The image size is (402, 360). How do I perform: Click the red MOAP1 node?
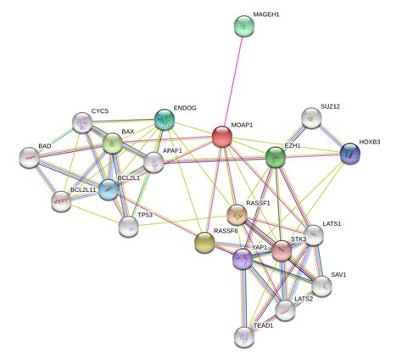(222, 137)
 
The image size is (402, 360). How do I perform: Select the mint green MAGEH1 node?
(244, 26)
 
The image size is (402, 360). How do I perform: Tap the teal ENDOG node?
(165, 120)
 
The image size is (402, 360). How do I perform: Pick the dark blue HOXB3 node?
(350, 154)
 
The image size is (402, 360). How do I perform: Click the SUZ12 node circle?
(311, 118)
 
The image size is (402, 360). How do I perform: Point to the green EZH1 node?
(276, 157)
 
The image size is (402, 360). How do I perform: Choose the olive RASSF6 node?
(204, 243)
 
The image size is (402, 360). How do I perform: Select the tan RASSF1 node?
(237, 215)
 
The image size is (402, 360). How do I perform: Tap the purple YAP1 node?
(243, 259)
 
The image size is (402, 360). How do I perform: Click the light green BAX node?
(113, 143)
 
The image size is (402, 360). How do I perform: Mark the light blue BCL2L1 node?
(109, 189)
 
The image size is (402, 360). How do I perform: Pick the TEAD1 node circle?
(244, 337)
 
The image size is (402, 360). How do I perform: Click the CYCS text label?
(100, 111)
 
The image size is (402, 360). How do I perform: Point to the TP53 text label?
(145, 215)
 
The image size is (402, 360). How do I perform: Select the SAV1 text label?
(338, 274)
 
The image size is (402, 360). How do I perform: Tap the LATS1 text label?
(332, 223)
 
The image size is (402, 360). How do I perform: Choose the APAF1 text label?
(172, 150)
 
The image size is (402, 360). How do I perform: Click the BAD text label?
(45, 146)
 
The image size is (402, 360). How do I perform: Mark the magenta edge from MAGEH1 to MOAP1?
(233, 82)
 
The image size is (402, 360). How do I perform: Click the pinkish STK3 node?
(282, 250)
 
